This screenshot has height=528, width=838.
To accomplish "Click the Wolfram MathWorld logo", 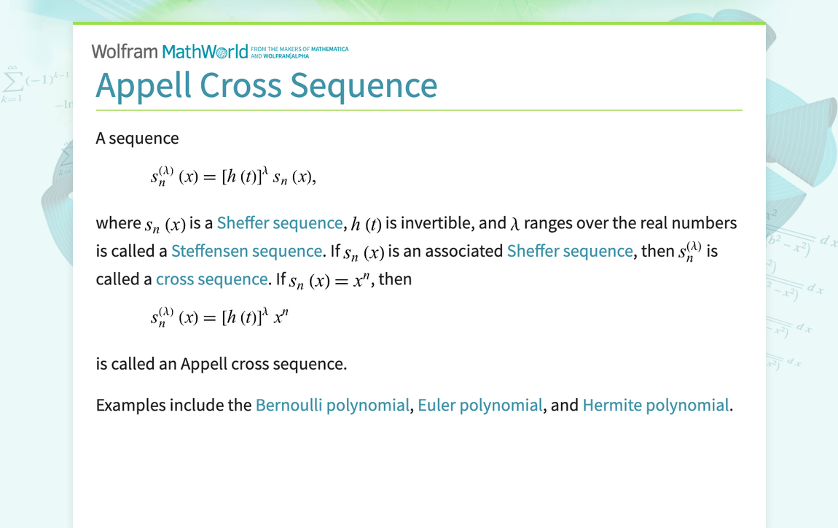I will point(170,51).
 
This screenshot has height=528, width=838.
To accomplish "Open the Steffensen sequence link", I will point(246,251).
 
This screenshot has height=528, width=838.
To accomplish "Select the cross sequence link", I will point(211,279).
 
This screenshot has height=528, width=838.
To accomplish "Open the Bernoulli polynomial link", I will point(332,405).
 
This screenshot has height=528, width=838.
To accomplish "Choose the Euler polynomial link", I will point(479,405).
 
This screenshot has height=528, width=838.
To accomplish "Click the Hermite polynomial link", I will point(655,405).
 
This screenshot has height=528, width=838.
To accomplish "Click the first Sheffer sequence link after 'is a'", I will point(280,222).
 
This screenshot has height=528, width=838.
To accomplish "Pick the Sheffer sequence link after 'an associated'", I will point(569,251).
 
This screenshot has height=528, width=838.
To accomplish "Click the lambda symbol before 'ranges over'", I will point(514,223).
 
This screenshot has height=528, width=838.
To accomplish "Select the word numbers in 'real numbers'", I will point(704,222).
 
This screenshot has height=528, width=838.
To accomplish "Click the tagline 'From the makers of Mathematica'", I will point(299,49).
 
